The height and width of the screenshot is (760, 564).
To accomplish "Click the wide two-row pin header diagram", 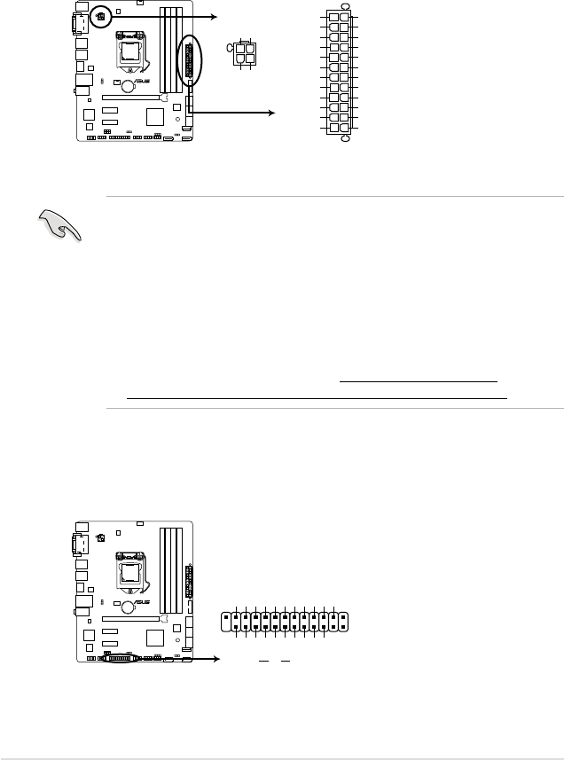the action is tap(286, 621).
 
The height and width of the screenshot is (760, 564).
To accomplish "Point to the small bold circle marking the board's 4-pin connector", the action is tap(100, 17).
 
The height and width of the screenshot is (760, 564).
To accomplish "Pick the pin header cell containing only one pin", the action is tap(346, 621).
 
